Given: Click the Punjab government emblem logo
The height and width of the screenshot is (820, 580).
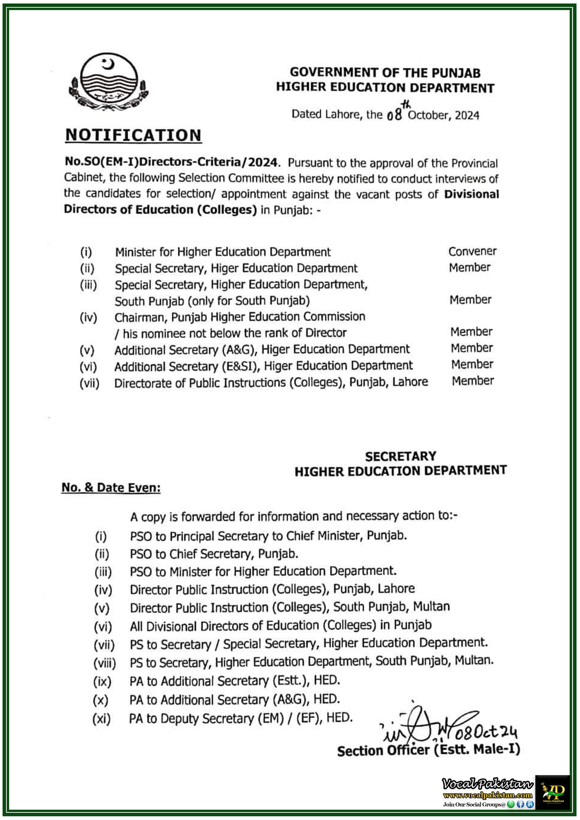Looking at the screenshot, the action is [x=108, y=82].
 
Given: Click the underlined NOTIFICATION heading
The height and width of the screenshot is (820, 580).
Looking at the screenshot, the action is [x=133, y=135].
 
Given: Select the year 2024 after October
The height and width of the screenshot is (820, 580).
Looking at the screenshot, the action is [x=467, y=115].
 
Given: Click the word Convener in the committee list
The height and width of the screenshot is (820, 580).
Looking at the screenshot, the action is [x=472, y=251].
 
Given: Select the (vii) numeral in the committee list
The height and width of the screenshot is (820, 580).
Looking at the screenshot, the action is [x=89, y=383].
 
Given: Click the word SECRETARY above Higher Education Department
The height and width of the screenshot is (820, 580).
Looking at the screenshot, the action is [x=400, y=456].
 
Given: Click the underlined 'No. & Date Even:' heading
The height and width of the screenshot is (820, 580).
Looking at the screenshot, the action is [x=111, y=488].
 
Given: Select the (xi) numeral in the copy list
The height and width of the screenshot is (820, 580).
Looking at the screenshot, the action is [x=102, y=718].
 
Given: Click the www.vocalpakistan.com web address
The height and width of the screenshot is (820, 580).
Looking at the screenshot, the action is [x=487, y=795].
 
